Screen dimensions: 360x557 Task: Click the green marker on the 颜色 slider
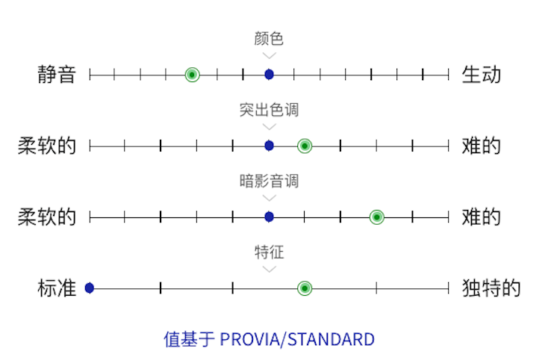(x=192, y=74)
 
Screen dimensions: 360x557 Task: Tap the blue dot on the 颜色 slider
(x=269, y=74)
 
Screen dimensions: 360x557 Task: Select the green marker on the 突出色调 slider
(x=304, y=146)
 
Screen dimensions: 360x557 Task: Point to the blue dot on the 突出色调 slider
(x=269, y=146)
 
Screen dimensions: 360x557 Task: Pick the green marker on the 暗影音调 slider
(x=377, y=217)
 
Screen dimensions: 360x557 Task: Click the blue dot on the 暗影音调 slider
(x=269, y=217)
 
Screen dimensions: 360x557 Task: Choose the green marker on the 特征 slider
(x=304, y=288)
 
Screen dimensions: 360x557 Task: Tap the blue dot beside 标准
(x=89, y=288)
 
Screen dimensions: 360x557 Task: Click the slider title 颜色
(x=269, y=38)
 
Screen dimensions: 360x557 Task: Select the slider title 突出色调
(x=269, y=110)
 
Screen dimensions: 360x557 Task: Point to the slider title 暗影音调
(x=269, y=181)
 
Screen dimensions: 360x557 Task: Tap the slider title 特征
(x=269, y=252)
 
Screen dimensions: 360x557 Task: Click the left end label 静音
(x=57, y=75)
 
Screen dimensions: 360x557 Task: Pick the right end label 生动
(x=481, y=75)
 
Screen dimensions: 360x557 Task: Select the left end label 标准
(x=57, y=288)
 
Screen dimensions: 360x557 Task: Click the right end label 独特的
(x=491, y=288)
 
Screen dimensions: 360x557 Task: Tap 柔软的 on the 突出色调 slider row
(x=47, y=146)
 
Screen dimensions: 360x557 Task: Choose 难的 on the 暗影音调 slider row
(x=481, y=217)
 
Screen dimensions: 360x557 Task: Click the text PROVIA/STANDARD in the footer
(x=297, y=340)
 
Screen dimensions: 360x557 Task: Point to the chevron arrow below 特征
(x=269, y=269)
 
